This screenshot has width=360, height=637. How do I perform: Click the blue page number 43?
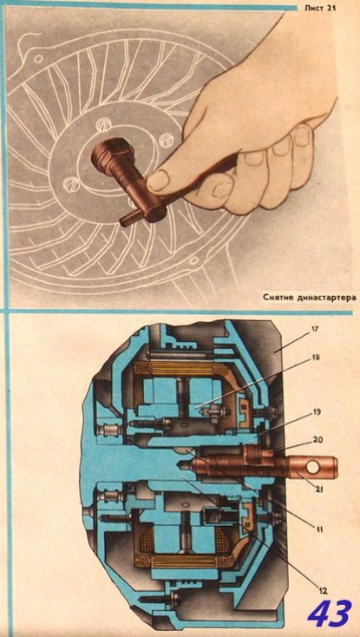pyautogui.click(x=329, y=613)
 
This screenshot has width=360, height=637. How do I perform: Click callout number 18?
pyautogui.click(x=316, y=358)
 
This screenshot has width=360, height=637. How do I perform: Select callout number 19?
pyautogui.click(x=317, y=412)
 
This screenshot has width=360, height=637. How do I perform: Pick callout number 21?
pyautogui.click(x=318, y=489)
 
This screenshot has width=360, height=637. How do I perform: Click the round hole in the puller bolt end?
pyautogui.click(x=312, y=467)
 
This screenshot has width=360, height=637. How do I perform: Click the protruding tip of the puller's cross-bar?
pyautogui.click(x=127, y=220)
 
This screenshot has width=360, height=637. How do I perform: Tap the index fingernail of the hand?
pyautogui.click(x=303, y=135)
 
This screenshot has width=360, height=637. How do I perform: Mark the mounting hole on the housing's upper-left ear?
pyautogui.click(x=38, y=58)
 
